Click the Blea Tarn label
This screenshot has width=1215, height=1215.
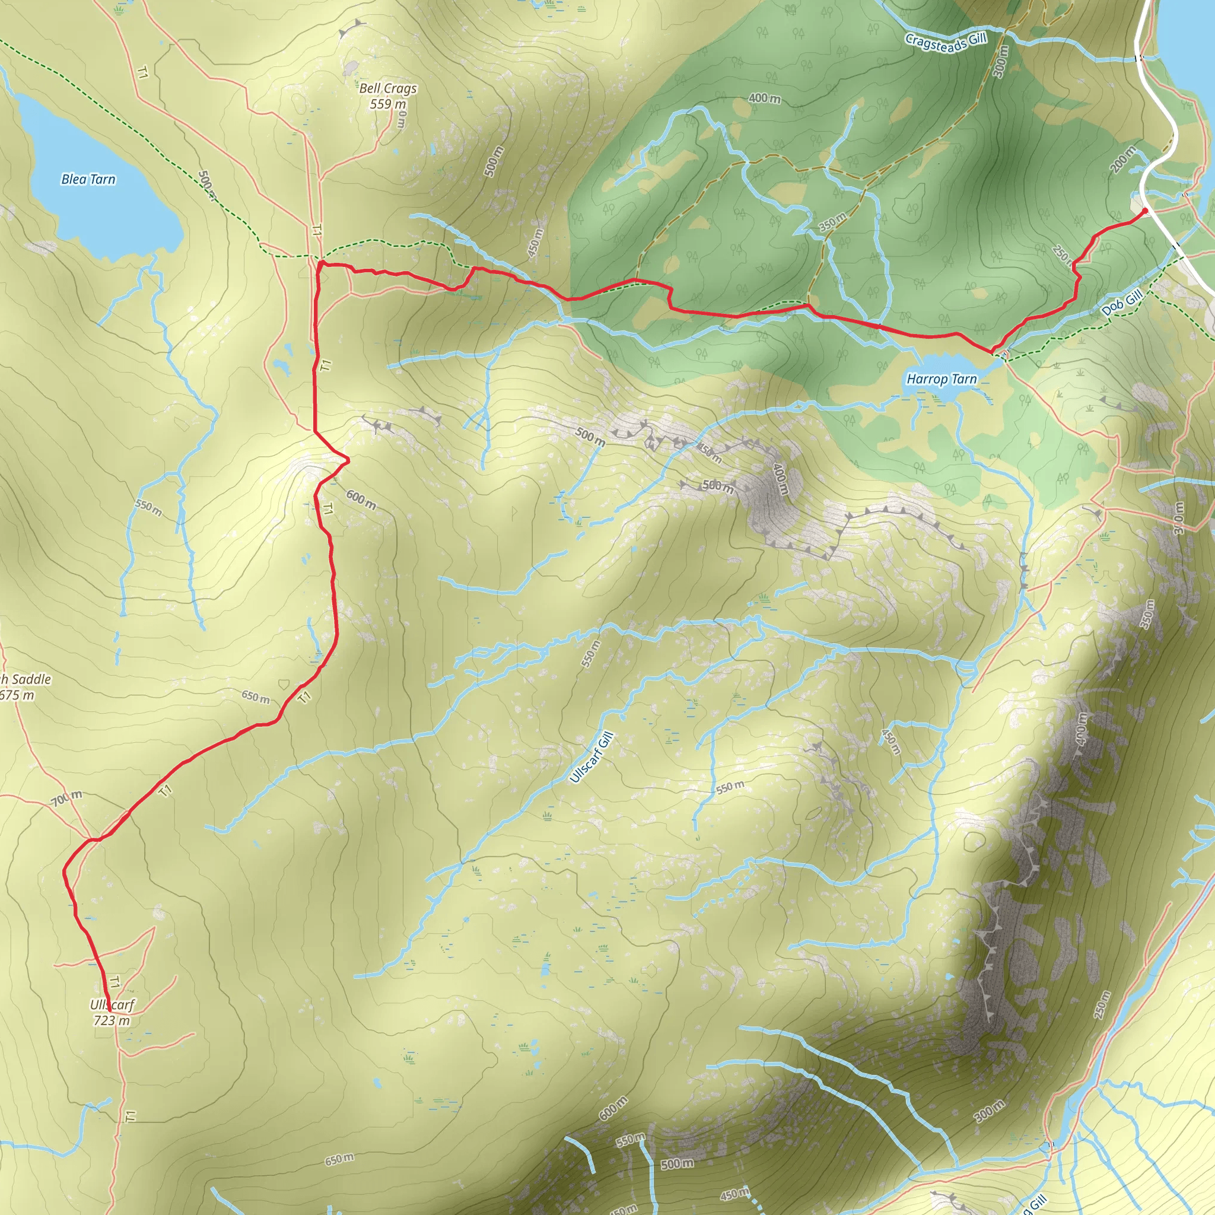(88, 180)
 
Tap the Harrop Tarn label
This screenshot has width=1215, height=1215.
(942, 379)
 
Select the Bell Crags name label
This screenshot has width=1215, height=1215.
(388, 88)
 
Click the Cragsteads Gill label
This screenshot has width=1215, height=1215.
(946, 42)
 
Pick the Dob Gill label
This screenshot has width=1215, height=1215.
(1122, 303)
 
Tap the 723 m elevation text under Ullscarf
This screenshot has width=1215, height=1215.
(112, 1020)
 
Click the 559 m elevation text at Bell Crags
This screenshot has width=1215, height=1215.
(387, 104)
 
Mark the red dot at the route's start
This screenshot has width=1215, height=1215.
(1145, 211)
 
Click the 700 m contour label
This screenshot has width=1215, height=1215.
(66, 799)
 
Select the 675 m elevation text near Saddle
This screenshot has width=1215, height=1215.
(17, 695)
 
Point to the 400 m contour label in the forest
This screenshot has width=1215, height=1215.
(765, 98)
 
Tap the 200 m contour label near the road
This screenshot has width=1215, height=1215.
(1122, 159)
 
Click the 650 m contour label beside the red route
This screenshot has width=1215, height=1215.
(255, 697)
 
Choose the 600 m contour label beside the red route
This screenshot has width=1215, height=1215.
(361, 500)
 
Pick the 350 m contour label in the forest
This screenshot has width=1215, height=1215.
(832, 221)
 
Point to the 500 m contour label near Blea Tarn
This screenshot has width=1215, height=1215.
(207, 185)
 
